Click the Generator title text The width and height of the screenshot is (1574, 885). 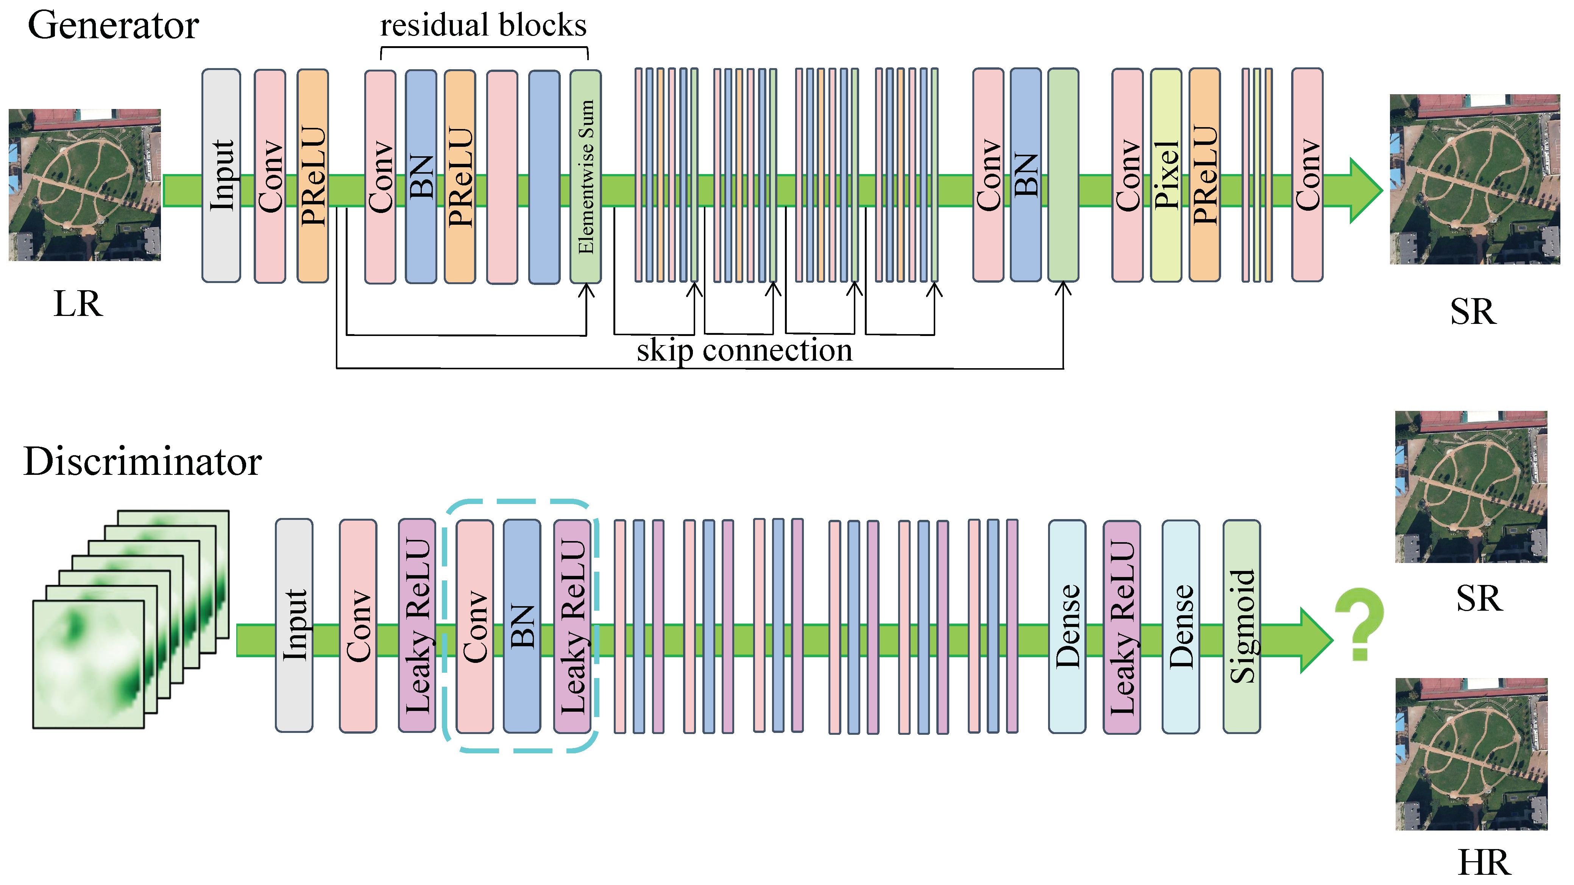(113, 26)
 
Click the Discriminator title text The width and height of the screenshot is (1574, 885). (142, 461)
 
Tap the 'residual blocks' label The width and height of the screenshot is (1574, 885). (483, 26)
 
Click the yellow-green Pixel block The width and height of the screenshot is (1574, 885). (1165, 175)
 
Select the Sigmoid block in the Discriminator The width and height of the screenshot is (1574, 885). (1241, 626)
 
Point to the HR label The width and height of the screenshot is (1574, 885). (1484, 863)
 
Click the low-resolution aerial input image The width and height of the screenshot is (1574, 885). (84, 184)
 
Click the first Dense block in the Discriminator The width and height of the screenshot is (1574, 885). (1067, 626)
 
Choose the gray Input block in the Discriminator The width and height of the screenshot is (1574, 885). (294, 625)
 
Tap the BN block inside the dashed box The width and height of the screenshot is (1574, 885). (521, 625)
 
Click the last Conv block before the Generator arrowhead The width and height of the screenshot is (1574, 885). (1307, 175)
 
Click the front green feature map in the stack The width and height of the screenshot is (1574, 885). (89, 664)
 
